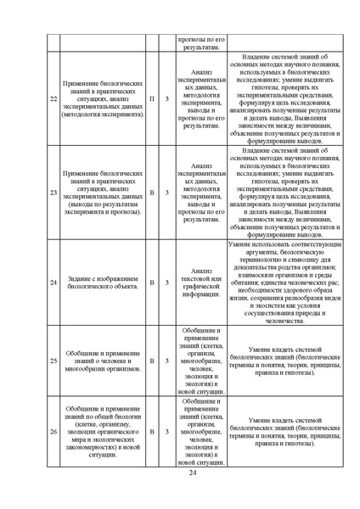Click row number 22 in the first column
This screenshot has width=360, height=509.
point(53,98)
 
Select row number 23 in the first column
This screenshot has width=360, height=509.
point(53,193)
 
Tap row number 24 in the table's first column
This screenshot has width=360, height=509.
point(53,282)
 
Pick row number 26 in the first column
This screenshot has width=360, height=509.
point(53,432)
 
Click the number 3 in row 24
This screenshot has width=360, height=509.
point(166,282)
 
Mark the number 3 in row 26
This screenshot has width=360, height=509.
point(166,432)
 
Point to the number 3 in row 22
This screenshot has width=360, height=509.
point(166,98)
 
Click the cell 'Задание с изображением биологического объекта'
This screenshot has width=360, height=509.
point(102,282)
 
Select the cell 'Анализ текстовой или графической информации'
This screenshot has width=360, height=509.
point(201,282)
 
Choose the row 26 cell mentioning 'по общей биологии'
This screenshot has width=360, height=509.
point(102,432)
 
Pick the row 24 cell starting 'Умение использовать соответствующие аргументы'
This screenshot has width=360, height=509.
point(283,282)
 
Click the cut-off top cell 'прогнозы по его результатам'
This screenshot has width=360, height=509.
point(201,43)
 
